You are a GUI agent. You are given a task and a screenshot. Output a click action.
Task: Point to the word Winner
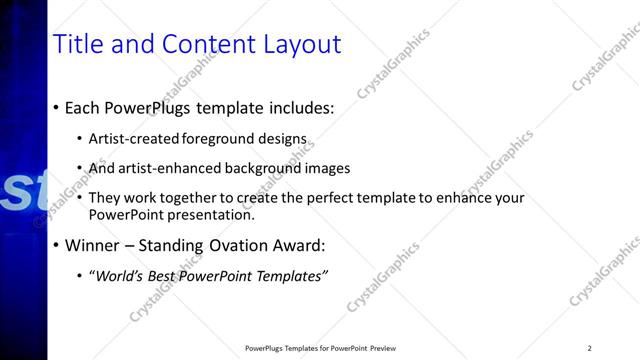pyautogui.click(x=93, y=245)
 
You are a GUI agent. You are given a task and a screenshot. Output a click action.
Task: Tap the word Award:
pyautogui.click(x=303, y=245)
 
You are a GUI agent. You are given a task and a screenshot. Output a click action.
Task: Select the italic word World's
pyautogui.click(x=119, y=276)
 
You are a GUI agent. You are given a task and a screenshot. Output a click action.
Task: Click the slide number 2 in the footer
pyautogui.click(x=589, y=348)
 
